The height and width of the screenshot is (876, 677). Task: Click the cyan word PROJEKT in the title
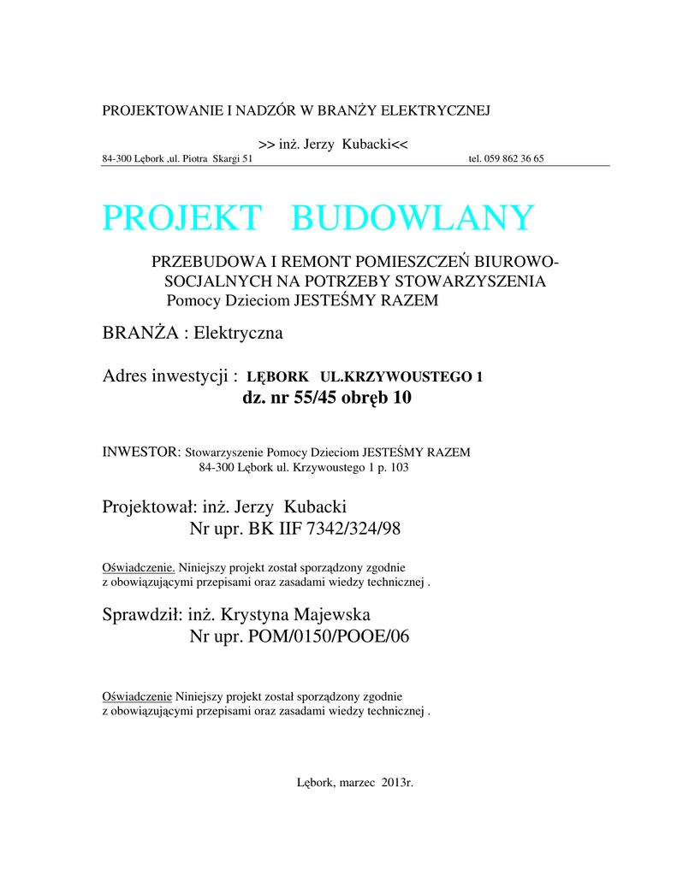[x=181, y=218]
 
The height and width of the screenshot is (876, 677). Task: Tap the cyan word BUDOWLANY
[x=413, y=218]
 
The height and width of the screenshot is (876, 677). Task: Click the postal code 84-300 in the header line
[x=116, y=159]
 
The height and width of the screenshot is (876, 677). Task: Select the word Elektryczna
[x=238, y=332]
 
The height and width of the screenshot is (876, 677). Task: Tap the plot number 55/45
[x=314, y=398]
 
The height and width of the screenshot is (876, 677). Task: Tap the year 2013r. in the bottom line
[x=397, y=783]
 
